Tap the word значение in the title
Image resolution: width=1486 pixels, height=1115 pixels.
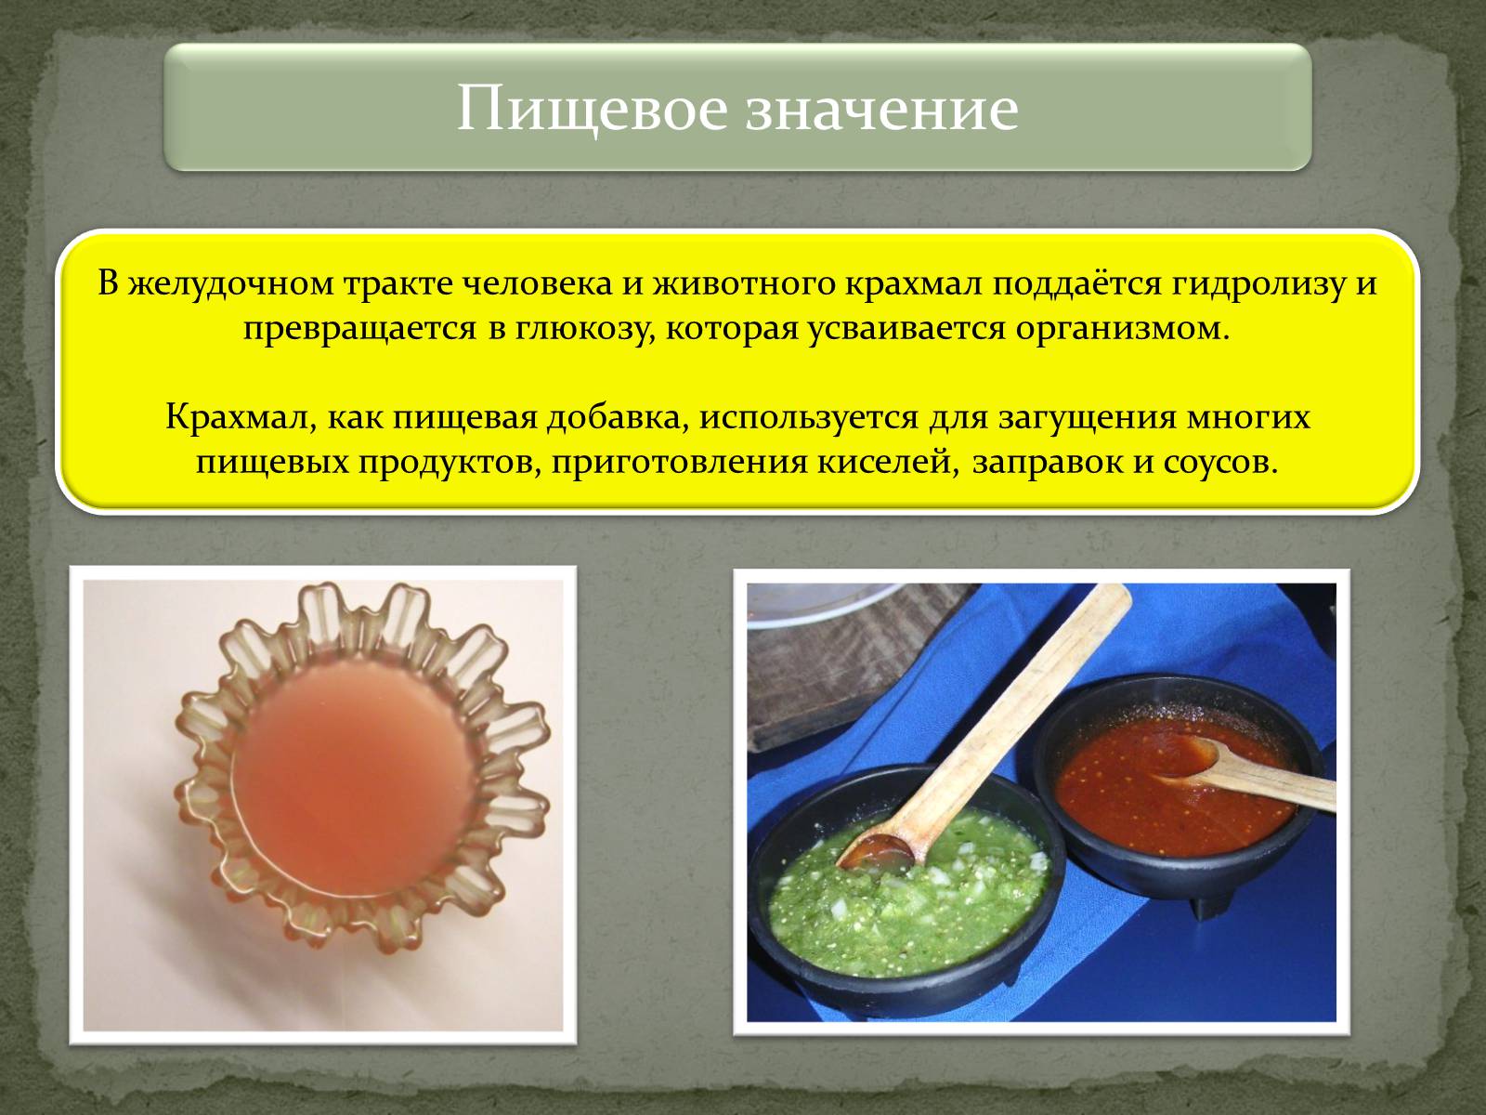point(882,110)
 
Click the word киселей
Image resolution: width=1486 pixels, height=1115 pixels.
point(888,464)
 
